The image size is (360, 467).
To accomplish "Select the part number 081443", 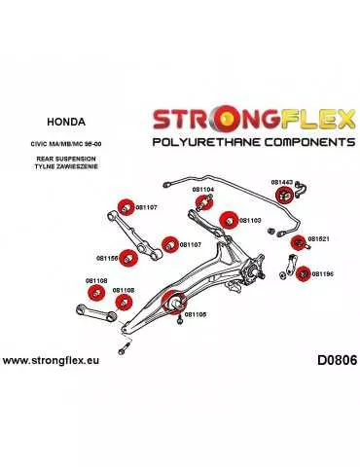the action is point(282,182).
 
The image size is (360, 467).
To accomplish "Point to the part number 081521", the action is point(319,238).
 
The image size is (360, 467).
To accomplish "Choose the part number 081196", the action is point(321,275).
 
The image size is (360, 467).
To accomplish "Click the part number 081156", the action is point(107,258).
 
